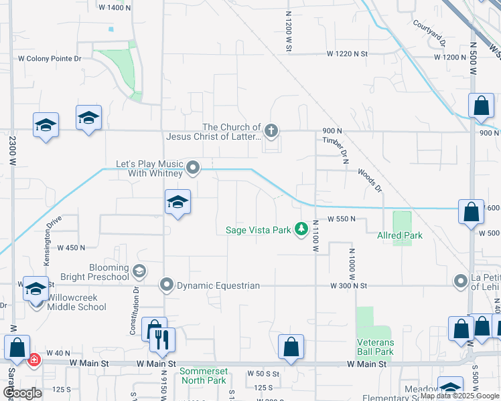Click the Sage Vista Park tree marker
pos(302,230)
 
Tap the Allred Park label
pos(400,235)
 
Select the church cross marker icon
pos(271,130)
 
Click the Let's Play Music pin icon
pos(193,167)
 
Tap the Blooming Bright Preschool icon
pos(139,271)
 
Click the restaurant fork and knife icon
pos(162,340)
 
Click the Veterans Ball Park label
pos(374,347)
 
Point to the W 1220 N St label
pos(348,53)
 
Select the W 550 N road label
pos(346,219)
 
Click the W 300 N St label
pos(349,285)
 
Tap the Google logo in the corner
pos(23,393)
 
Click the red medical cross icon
pos(34,360)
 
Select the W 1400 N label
pos(115,7)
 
